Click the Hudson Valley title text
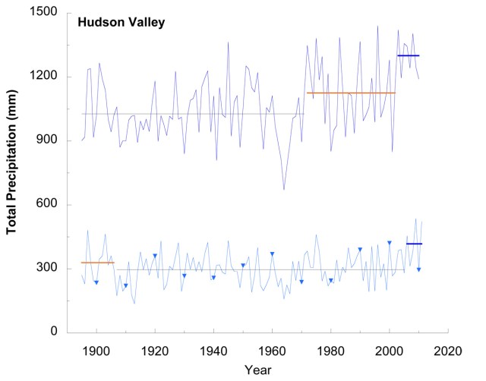121,22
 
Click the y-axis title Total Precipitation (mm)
13,172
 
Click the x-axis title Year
257,370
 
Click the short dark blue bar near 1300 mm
408,55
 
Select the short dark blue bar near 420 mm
414,244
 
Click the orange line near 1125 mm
351,93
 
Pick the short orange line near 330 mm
97,263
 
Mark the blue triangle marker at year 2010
418,269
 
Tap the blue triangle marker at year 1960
272,254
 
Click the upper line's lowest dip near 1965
284,190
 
